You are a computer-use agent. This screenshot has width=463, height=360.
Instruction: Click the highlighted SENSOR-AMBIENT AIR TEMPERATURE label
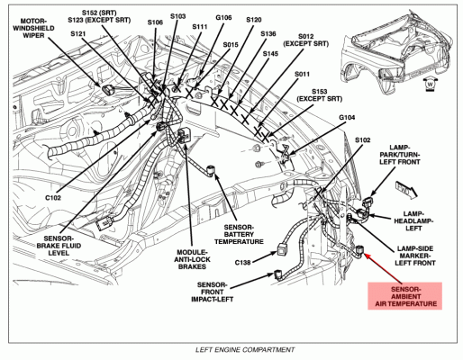tap(405, 296)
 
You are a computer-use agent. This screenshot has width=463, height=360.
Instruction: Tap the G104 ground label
tap(347, 117)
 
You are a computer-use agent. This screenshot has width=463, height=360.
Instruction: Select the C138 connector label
tap(242, 263)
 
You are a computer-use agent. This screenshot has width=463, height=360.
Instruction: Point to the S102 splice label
tap(362, 139)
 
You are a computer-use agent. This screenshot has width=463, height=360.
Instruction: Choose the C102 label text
tap(53, 198)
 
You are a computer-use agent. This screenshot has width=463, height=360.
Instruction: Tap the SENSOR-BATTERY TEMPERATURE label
tap(239, 234)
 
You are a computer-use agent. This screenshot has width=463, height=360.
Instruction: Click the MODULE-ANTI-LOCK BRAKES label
tap(192, 259)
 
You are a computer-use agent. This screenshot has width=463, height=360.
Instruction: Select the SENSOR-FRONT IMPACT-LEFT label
tap(213, 292)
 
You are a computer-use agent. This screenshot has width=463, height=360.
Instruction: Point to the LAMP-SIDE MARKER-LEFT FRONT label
tap(415, 256)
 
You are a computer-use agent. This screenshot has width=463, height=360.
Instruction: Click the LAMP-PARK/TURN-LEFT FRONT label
tap(400, 154)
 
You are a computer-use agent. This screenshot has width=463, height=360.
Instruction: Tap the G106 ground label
tap(223, 17)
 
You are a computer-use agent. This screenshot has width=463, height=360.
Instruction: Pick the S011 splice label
tap(302, 74)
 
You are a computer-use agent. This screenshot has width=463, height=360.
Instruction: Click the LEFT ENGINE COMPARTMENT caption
tap(245, 349)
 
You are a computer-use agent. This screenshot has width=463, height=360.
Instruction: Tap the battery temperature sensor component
tap(211, 170)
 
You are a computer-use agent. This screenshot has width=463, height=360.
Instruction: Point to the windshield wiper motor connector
tap(107, 89)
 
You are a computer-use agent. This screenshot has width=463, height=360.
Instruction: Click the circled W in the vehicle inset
tap(430, 85)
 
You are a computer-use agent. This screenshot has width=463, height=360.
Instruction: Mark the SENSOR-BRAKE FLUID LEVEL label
tap(59, 246)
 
